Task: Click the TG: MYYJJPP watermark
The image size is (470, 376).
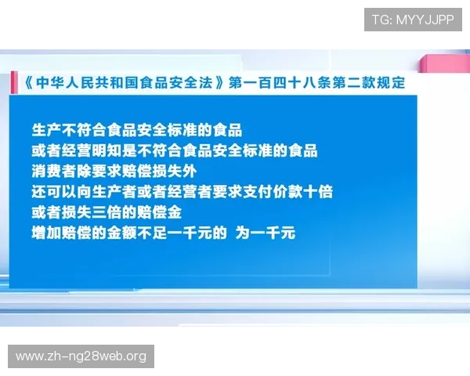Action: click(413, 20)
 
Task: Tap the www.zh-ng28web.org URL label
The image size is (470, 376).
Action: click(81, 356)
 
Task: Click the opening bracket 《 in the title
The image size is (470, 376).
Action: click(24, 82)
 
